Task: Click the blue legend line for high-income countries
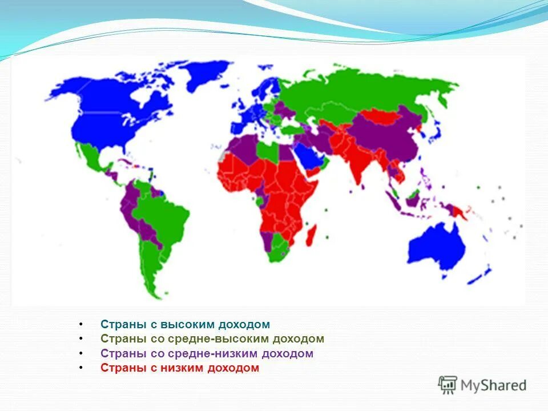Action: (x=185, y=325)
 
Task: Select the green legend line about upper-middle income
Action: (x=212, y=339)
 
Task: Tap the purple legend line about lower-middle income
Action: (x=207, y=354)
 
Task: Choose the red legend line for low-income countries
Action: (x=180, y=368)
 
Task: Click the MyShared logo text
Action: (x=493, y=385)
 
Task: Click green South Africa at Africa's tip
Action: (x=278, y=251)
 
